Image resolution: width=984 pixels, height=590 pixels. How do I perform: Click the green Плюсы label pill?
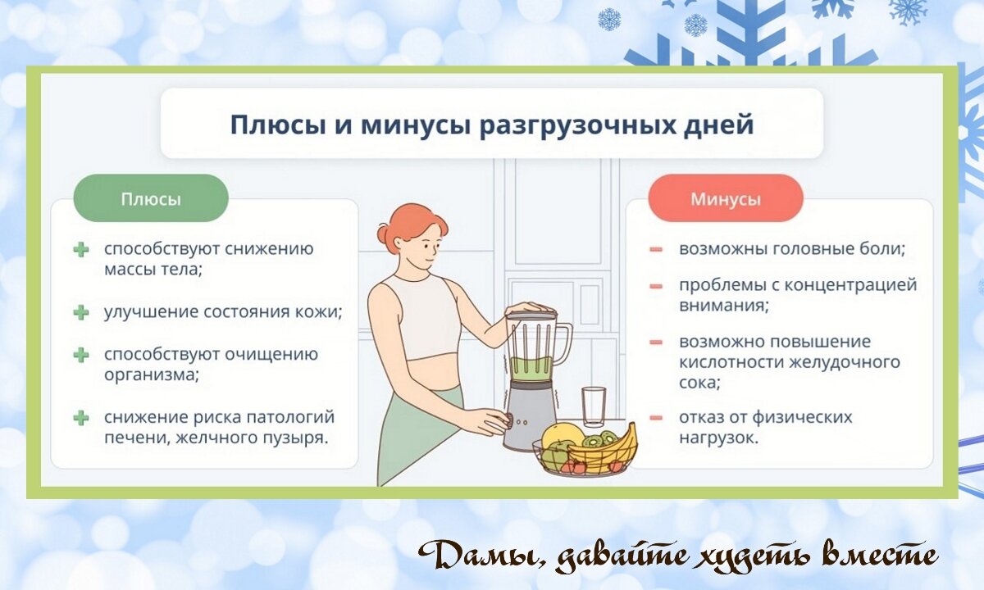coord(151,198)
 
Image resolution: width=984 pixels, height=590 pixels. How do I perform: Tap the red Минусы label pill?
coord(726,198)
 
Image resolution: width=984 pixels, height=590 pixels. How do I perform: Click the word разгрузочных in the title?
coord(563,125)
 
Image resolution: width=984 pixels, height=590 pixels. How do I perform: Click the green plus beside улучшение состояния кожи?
coord(81,312)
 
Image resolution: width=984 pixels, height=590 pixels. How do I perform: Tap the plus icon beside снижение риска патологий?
coord(81,417)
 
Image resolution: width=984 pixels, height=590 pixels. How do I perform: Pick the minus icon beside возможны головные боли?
coord(656,250)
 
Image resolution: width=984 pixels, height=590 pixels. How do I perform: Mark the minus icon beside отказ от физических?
coord(656,417)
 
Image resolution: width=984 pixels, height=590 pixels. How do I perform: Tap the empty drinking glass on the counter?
coord(594,406)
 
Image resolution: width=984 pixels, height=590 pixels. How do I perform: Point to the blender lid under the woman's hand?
coord(531,315)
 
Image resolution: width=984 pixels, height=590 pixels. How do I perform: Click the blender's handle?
coord(563,343)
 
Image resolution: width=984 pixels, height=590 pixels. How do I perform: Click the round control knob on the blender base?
coord(509,420)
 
